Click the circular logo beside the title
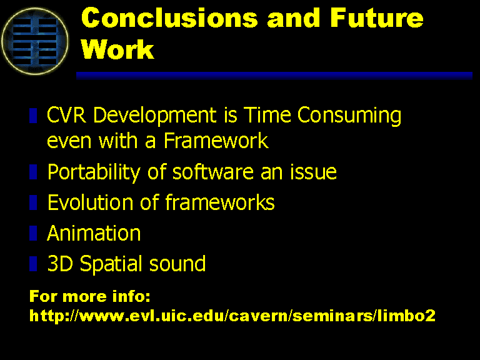click(34, 41)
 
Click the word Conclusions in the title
click(169, 17)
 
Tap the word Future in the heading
click(376, 17)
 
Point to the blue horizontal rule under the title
click(274, 76)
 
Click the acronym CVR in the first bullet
click(66, 115)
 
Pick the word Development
click(154, 116)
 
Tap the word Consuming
click(349, 116)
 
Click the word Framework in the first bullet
click(216, 141)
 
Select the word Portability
click(94, 172)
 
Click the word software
click(212, 171)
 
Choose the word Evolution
click(90, 202)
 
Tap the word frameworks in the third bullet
click(220, 202)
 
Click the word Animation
click(94, 233)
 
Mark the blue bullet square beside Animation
click(33, 233)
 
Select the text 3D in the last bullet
click(60, 264)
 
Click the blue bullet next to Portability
click(33, 172)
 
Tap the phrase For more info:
click(90, 296)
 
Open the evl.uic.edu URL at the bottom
click(232, 315)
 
